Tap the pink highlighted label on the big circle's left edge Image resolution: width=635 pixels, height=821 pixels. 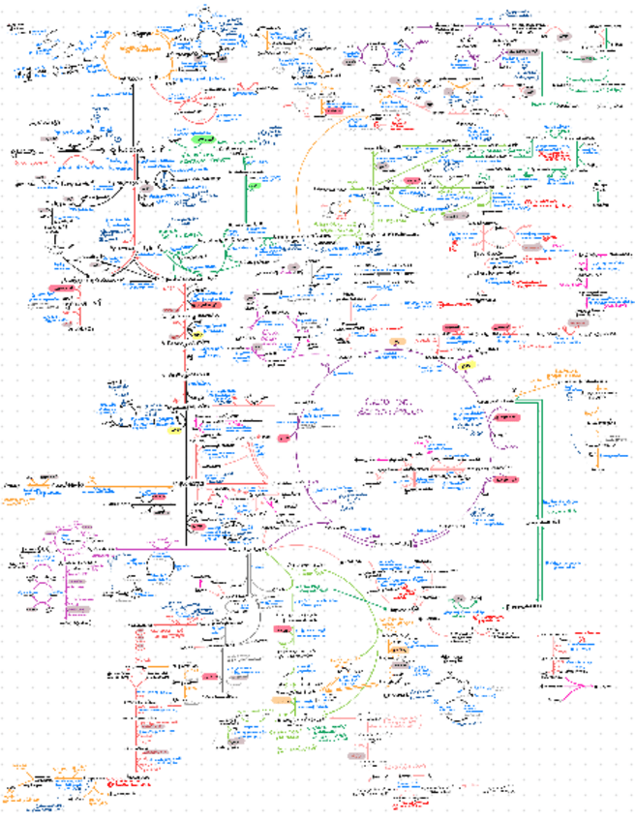[283, 439]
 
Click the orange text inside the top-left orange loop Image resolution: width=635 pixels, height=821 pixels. [136, 48]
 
